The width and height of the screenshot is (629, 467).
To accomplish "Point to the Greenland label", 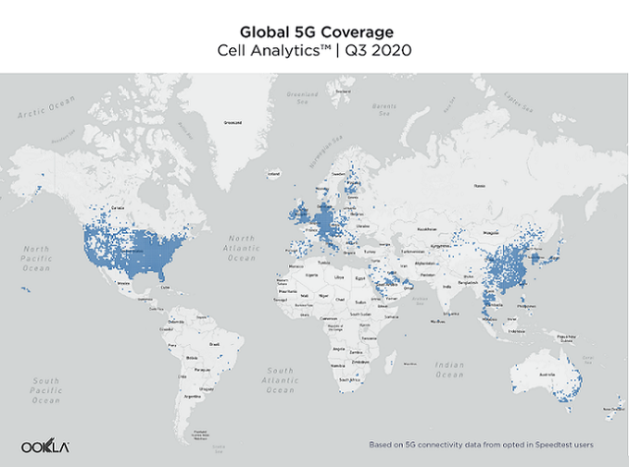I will click(x=234, y=123).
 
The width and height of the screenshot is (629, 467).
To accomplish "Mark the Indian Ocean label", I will click(x=449, y=370).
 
